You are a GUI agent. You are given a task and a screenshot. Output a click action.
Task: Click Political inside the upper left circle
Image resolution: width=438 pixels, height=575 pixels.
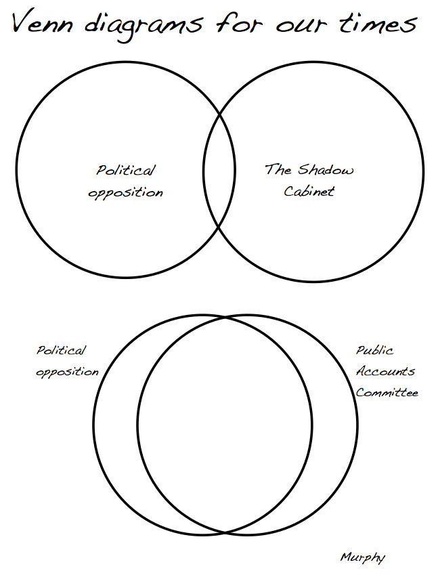[126, 171]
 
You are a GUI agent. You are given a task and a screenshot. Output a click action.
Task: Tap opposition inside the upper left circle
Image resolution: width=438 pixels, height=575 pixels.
[126, 192]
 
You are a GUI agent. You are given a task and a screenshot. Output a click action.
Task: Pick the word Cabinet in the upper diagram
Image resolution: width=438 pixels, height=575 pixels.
[309, 191]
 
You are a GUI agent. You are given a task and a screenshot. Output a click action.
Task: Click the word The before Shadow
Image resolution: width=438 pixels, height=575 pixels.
[278, 169]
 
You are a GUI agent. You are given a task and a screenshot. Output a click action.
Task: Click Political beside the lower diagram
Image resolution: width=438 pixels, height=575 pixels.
[62, 351]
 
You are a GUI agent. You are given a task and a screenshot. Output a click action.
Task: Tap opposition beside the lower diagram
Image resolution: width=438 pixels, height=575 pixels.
[67, 372]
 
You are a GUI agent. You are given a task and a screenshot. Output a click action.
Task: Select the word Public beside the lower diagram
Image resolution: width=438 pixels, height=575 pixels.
[375, 351]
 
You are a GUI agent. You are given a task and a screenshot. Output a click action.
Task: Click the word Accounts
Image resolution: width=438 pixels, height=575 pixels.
[385, 371]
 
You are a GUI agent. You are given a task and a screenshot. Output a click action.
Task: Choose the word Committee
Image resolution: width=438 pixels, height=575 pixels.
[387, 392]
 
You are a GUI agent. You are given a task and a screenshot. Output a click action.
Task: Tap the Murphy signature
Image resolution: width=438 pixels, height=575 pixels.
[363, 557]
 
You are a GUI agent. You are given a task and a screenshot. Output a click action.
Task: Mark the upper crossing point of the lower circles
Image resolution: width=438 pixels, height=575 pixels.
[225, 317]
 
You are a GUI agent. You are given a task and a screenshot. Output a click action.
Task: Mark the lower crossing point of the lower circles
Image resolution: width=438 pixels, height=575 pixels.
[225, 532]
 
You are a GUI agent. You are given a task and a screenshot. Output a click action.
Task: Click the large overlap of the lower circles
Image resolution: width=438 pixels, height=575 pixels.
[225, 425]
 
